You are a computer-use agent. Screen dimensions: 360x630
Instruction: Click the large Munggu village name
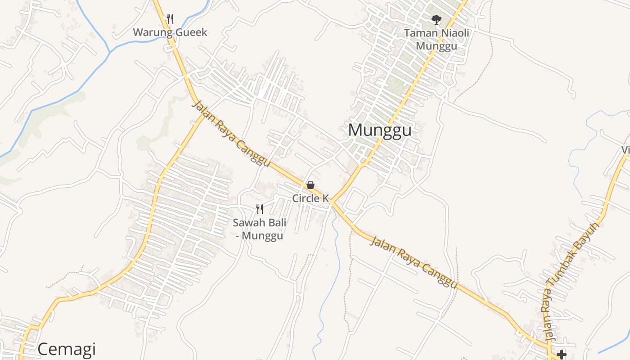tap(380, 130)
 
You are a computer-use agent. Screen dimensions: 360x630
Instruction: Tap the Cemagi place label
tap(67, 349)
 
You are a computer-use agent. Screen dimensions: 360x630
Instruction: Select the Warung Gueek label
tap(170, 32)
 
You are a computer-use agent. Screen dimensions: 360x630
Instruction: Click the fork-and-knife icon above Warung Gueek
tap(170, 19)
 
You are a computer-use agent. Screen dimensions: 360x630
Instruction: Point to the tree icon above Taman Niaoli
tap(436, 19)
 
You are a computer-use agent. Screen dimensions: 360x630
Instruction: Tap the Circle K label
tap(310, 198)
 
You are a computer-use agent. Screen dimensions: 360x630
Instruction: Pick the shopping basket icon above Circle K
tap(310, 185)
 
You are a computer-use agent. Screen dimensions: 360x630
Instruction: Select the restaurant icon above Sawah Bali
tap(260, 209)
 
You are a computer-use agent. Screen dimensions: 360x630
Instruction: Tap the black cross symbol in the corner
tap(561, 355)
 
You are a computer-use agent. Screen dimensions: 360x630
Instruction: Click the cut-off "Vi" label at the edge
tap(625, 150)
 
